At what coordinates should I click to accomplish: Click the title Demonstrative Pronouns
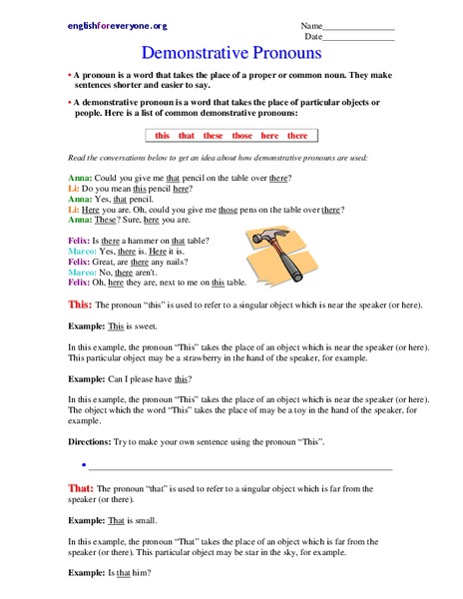(231, 51)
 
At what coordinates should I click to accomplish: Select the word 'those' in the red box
(242, 136)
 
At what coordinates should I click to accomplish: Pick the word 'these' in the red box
(214, 136)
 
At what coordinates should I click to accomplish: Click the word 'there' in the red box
(297, 136)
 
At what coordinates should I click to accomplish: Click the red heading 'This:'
(80, 302)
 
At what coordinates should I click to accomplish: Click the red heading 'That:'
(80, 487)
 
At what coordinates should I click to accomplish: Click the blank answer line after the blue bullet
(239, 466)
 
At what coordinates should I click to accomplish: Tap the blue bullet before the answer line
(81, 465)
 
